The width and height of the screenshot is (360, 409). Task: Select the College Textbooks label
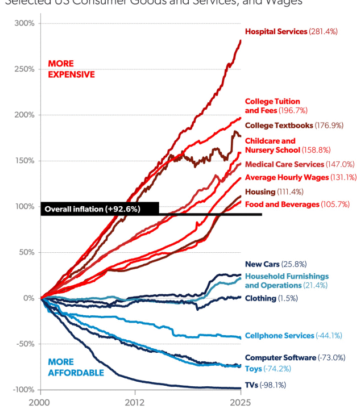pos(280,125)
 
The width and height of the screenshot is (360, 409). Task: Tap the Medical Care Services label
pos(284,164)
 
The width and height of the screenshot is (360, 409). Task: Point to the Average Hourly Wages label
pos(287,177)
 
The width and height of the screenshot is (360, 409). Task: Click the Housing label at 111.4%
pos(260,191)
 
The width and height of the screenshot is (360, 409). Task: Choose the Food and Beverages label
pos(282,204)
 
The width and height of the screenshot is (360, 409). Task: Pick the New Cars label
pos(262,264)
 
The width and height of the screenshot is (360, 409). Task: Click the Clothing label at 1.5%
pos(260,298)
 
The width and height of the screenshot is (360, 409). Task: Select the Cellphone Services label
pos(279,336)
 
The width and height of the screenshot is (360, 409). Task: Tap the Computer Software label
pos(280,358)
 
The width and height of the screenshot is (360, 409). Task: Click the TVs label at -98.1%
pos(251,385)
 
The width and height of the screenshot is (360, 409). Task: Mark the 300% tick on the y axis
pos(24,23)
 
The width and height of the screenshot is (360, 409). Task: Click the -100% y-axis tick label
pos(24,390)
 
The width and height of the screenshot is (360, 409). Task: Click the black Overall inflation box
pos(100,209)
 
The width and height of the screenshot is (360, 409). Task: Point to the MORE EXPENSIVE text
pos(71,69)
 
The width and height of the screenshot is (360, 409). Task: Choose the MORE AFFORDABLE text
pos(76,367)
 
